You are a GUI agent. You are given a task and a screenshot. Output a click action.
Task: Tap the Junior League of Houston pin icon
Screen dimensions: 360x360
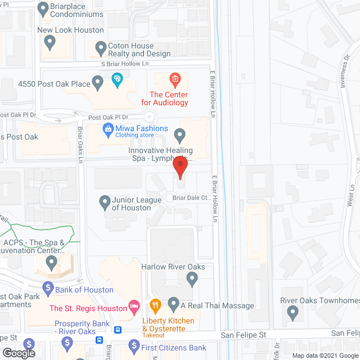[104, 201]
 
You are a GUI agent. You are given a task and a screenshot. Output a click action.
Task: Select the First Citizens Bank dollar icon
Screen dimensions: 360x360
[133, 345]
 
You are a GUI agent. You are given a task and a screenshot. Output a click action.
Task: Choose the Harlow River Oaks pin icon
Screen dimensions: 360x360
[192, 277]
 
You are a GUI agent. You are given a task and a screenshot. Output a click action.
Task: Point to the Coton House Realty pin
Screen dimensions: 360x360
[101, 48]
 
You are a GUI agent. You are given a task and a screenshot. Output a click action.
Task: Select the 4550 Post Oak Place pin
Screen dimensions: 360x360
[97, 84]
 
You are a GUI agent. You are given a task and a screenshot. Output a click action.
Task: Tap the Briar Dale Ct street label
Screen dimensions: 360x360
[191, 197]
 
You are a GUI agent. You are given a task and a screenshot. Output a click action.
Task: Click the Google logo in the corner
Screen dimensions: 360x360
[18, 353]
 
